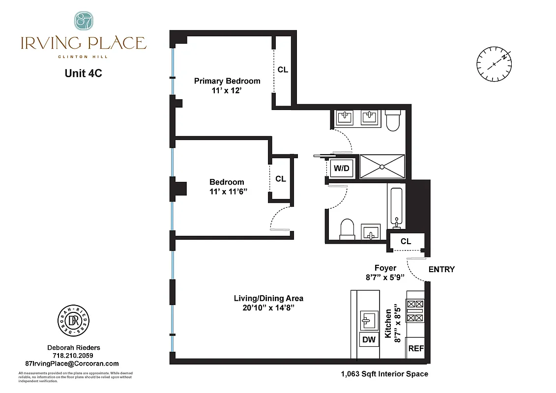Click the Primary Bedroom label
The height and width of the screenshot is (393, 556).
pos(227,81)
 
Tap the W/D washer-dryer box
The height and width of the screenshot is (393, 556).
pos(341,168)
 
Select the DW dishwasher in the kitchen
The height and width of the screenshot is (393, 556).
pos(369,339)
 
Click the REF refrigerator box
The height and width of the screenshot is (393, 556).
pos(416,348)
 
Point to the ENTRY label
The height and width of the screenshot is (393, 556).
pos(441,269)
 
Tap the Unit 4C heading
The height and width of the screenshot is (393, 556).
pos(83,73)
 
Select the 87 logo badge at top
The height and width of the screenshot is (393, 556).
pos(83,21)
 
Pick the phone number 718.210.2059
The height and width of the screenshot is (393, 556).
pos(72,356)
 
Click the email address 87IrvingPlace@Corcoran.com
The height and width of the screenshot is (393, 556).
pos(72,364)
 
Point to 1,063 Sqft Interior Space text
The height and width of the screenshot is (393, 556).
pos(384,374)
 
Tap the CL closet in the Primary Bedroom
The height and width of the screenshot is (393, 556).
pos(283,70)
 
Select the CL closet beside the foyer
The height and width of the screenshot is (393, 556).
pos(406,241)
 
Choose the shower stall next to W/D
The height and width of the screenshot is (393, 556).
pos(382,166)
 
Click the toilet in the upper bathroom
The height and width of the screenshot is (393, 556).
pos(394,121)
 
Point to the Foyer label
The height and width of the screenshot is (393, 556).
pos(385,268)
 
